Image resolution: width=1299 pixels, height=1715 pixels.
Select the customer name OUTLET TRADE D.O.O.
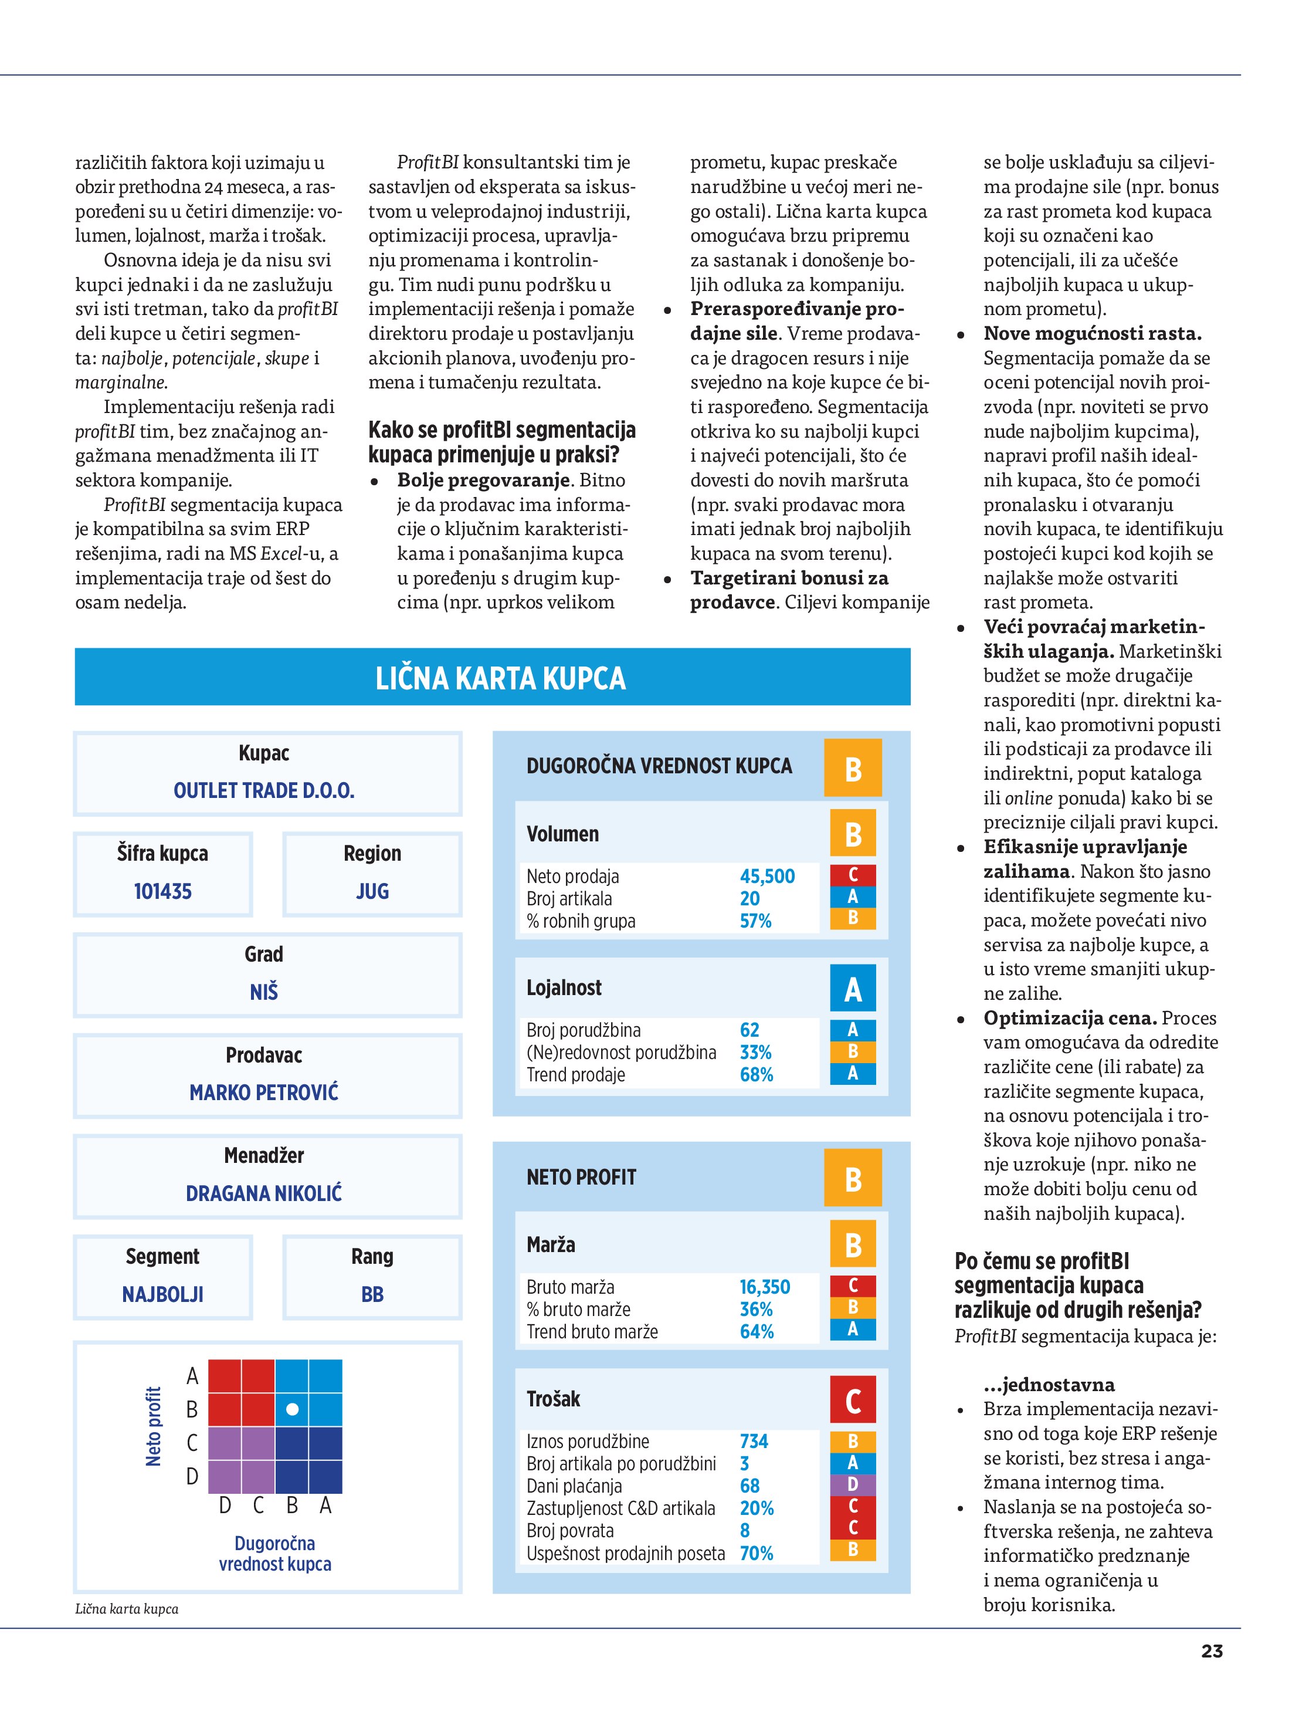tap(263, 791)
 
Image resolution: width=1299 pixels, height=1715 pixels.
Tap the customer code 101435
tap(163, 892)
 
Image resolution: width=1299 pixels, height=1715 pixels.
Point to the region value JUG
tap(372, 892)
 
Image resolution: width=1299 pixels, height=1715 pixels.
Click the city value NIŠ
tap(263, 992)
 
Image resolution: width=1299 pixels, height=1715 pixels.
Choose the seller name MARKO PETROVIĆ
tap(263, 1092)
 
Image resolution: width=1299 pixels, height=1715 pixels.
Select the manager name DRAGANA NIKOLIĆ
tap(263, 1193)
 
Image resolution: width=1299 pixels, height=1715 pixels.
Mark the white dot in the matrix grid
tap(292, 1409)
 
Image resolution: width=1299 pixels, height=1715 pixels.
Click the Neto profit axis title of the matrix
tap(154, 1426)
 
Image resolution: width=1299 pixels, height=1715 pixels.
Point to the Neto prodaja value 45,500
tap(766, 876)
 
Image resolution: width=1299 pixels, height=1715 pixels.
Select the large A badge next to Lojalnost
tap(853, 989)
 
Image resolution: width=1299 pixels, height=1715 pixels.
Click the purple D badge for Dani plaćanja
tap(853, 1485)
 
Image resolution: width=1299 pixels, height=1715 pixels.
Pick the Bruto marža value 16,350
tap(764, 1287)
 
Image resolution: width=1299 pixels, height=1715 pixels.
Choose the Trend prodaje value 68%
tap(757, 1075)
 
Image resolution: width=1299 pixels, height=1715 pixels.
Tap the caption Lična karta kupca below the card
tap(126, 1609)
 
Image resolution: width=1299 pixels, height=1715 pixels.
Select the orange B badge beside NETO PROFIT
tap(853, 1179)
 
